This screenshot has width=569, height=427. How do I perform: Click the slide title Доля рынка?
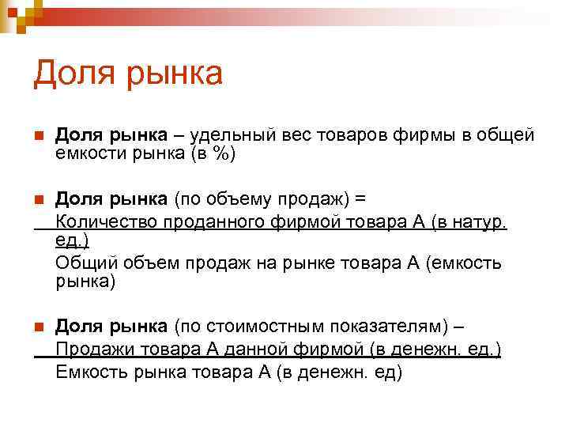tap(128, 75)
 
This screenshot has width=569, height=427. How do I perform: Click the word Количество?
tap(107, 221)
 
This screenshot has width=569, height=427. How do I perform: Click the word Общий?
tap(84, 263)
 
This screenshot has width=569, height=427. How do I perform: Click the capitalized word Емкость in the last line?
tap(92, 371)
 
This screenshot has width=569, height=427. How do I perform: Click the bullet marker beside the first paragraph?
tap(39, 135)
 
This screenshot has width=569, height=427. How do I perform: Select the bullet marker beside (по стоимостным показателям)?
tap(39, 326)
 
